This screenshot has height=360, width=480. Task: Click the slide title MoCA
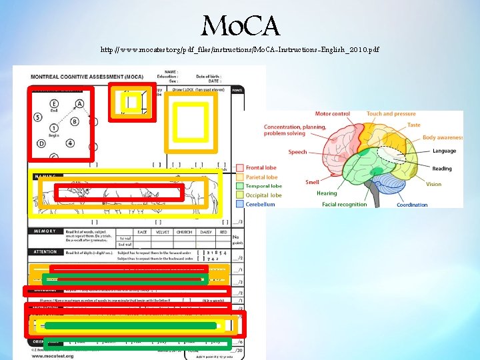[x=242, y=27]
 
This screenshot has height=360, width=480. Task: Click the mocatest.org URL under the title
[x=240, y=50]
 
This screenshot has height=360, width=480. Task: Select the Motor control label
[x=332, y=114]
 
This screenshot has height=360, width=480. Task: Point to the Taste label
[x=414, y=125]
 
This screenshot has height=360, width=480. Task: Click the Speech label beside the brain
[x=297, y=152]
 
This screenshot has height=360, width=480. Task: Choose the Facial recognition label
[x=344, y=205]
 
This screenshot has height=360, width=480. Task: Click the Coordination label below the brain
[x=412, y=205]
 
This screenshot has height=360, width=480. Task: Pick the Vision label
[x=433, y=184]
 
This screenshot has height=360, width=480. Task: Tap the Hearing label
[x=327, y=193]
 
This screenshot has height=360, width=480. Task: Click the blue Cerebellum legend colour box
[x=240, y=205]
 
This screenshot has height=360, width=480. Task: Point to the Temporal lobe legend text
[x=263, y=187]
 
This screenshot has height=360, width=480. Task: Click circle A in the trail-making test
[x=79, y=104]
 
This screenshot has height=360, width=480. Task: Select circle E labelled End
[x=53, y=104]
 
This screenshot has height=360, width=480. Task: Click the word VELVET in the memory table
[x=161, y=232]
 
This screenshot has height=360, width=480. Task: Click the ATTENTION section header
[x=46, y=252]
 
